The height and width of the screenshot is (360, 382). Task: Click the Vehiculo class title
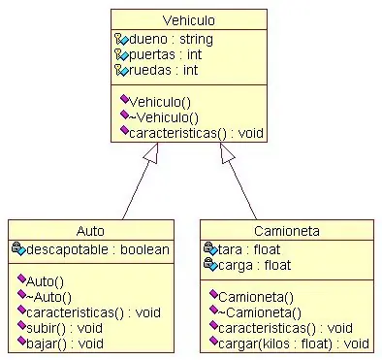click(189, 19)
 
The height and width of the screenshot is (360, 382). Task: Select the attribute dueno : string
click(171, 40)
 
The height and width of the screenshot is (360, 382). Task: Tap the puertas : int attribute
click(164, 55)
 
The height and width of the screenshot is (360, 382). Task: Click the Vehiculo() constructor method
click(161, 100)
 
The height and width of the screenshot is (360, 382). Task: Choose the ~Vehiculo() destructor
click(163, 115)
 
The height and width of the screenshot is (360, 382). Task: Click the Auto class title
click(90, 231)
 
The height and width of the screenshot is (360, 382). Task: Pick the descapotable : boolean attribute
click(96, 249)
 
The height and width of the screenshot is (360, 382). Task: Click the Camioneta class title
click(286, 231)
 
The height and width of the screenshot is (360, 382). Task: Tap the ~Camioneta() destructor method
click(260, 311)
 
